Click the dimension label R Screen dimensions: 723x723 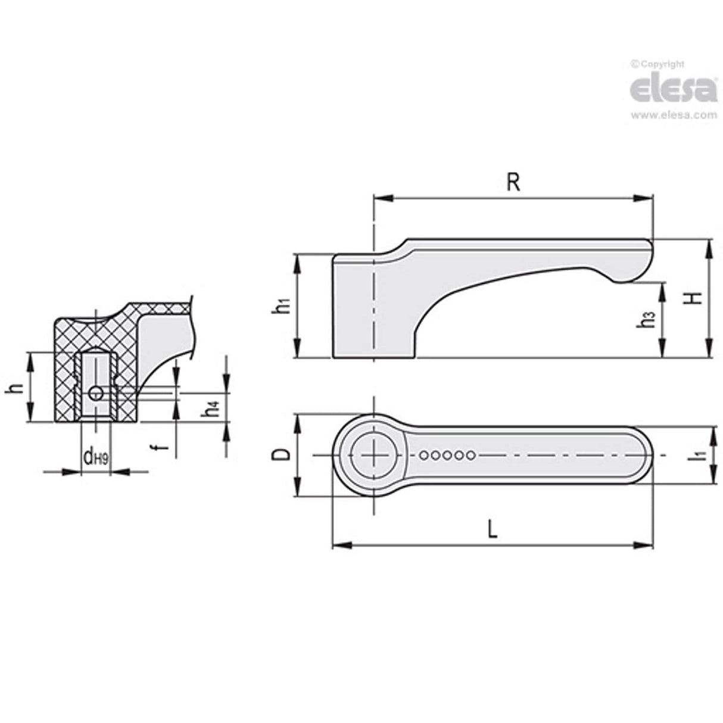pos(513,183)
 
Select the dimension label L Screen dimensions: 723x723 pos(491,529)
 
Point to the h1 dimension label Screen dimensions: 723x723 pos(283,306)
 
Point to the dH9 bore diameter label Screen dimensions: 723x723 pos(95,457)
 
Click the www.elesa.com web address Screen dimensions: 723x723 pos(674,116)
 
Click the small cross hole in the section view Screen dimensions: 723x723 pos(95,392)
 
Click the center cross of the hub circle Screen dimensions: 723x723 pos(373,456)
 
